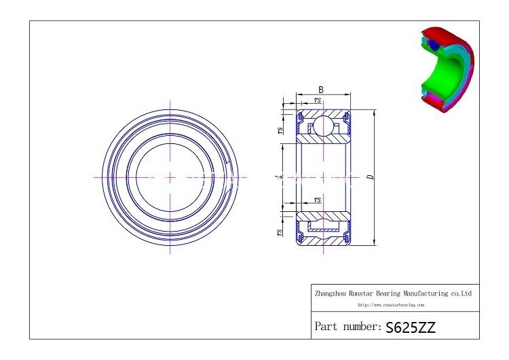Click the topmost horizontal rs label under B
[317, 101]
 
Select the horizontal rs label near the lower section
[317, 200]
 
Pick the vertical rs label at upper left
[280, 131]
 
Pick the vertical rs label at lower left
[280, 232]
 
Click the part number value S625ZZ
[410, 327]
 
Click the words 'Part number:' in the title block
[347, 327]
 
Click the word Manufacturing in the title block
[423, 293]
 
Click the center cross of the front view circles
[170, 177]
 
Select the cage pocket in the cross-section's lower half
[322, 228]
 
